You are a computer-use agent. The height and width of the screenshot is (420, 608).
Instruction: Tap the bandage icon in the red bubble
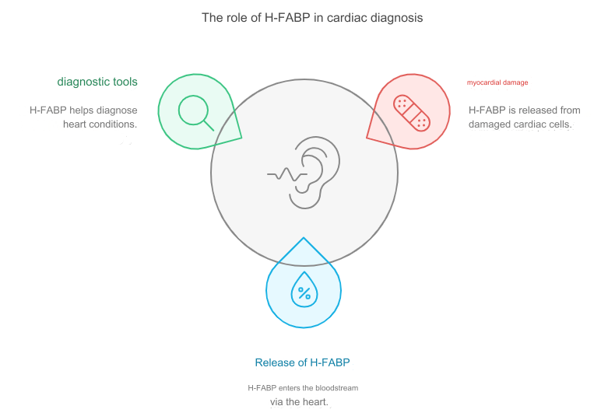pyautogui.click(x=411, y=113)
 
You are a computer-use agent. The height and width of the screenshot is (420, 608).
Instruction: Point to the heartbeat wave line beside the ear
pyautogui.click(x=287, y=174)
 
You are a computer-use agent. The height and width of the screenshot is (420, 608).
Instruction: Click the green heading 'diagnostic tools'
pyautogui.click(x=97, y=82)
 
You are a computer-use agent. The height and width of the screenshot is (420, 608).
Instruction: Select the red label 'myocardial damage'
pyautogui.click(x=497, y=82)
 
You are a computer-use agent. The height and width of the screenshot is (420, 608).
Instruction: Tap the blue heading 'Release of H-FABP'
pyautogui.click(x=303, y=362)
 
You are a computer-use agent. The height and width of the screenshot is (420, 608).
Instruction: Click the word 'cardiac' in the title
pyautogui.click(x=346, y=18)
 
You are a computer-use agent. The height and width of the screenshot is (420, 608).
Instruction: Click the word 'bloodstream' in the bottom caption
pyautogui.click(x=336, y=388)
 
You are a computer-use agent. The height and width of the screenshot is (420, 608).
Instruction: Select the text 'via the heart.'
pyautogui.click(x=299, y=402)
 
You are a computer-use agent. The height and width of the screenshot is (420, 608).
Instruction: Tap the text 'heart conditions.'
pyautogui.click(x=100, y=124)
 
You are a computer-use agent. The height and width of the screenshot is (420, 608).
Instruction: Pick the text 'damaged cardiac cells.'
pyautogui.click(x=520, y=124)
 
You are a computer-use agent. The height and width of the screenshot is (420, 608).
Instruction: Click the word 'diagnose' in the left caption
pyautogui.click(x=117, y=110)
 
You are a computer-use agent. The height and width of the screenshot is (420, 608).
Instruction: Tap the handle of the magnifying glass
pyautogui.click(x=209, y=125)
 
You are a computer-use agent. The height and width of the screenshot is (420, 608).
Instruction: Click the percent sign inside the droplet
pyautogui.click(x=304, y=293)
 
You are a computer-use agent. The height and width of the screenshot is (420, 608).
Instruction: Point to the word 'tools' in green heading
pyautogui.click(x=125, y=82)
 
